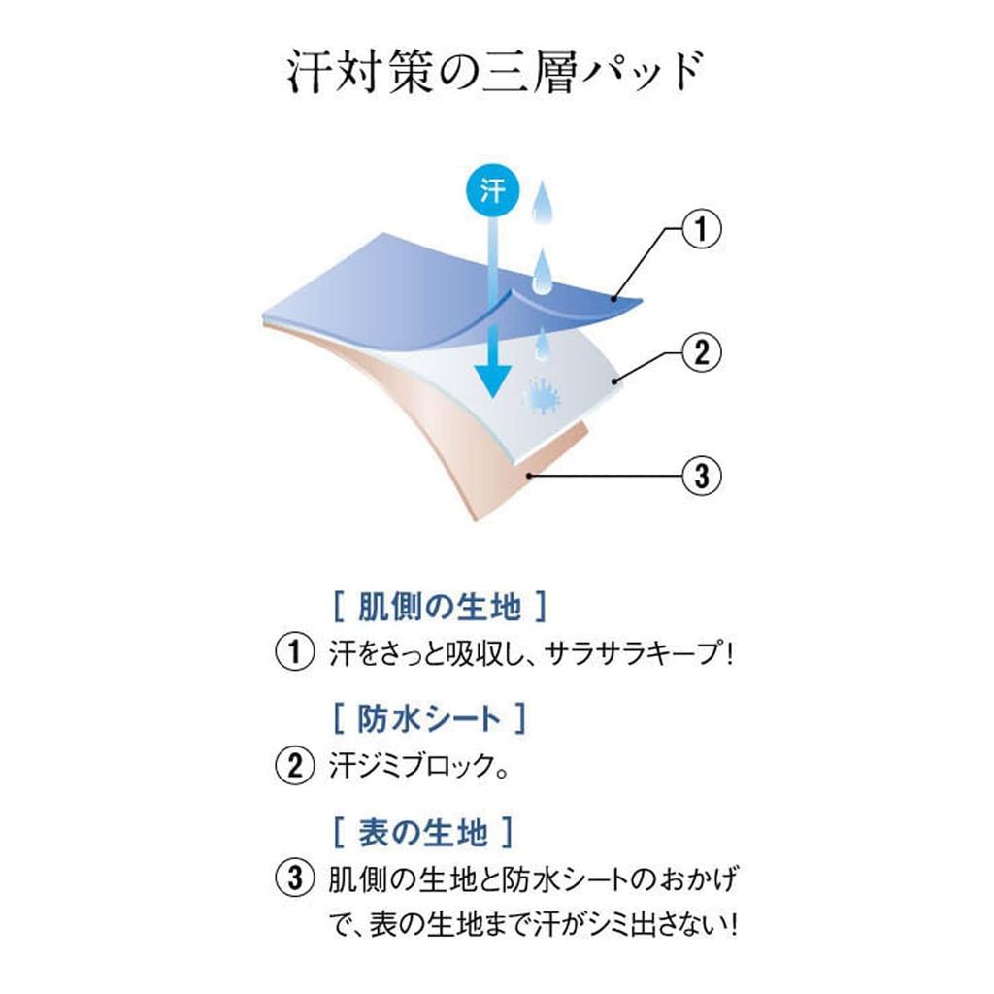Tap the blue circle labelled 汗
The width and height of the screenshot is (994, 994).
(x=492, y=190)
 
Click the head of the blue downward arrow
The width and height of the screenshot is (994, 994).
(x=492, y=381)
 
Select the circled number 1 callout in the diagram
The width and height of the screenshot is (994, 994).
(x=701, y=229)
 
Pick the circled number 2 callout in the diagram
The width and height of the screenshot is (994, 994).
(x=701, y=352)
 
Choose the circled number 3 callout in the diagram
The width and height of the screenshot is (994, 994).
(x=701, y=476)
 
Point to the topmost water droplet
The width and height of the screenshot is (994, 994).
(x=540, y=202)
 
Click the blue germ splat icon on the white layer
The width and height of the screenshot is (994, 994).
(x=542, y=397)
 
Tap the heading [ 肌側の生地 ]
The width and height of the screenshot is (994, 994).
(x=440, y=607)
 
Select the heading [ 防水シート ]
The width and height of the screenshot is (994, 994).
(x=429, y=719)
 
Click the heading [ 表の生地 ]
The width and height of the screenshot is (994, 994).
(x=423, y=832)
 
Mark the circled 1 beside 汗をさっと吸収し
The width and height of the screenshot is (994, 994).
(x=295, y=652)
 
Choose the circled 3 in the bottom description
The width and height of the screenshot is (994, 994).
(x=295, y=878)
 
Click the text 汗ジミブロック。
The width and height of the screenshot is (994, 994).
(x=418, y=766)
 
